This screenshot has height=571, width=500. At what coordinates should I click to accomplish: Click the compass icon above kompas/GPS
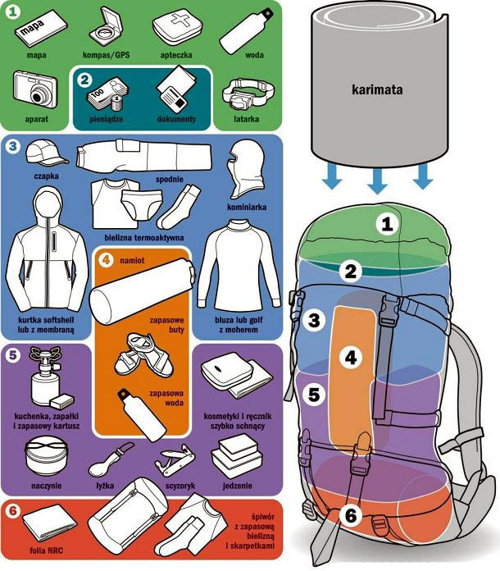(106, 26)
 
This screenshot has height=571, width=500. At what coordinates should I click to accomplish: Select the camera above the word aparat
(35, 89)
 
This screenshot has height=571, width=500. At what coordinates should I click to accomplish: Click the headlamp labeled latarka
(248, 94)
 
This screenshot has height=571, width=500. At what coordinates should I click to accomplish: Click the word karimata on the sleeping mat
(377, 89)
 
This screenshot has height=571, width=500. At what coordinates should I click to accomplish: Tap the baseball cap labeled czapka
(45, 153)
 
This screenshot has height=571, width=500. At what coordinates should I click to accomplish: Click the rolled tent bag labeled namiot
(142, 291)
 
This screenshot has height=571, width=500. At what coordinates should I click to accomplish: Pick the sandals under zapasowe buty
(143, 355)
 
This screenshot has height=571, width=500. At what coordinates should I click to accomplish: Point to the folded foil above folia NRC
(49, 523)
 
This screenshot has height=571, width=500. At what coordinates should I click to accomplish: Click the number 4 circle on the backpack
(351, 357)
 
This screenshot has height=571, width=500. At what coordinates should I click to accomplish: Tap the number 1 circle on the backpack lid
(387, 224)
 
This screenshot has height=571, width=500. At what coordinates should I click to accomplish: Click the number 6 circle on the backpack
(351, 515)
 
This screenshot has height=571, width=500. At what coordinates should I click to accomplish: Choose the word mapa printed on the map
(32, 27)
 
